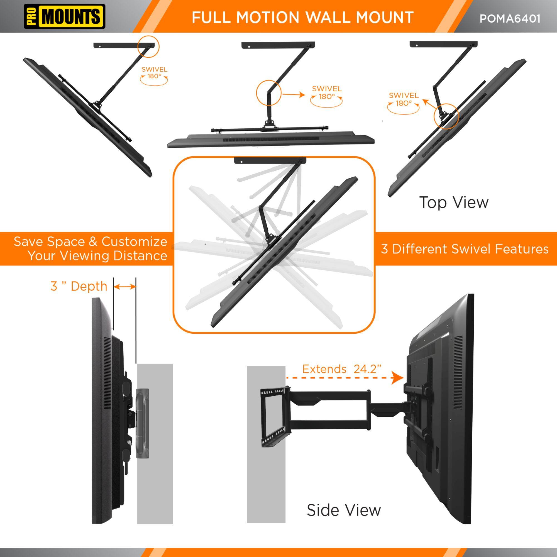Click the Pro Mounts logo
(64, 16)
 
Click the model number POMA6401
(509, 18)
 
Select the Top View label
(454, 202)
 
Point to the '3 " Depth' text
(79, 286)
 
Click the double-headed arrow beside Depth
(124, 287)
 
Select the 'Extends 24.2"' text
(342, 369)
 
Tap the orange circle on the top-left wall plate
(148, 47)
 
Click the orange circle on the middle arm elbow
(268, 92)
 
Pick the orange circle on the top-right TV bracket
(446, 116)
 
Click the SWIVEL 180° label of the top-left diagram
(154, 73)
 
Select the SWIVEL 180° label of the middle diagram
(327, 92)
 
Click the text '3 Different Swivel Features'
(465, 249)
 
